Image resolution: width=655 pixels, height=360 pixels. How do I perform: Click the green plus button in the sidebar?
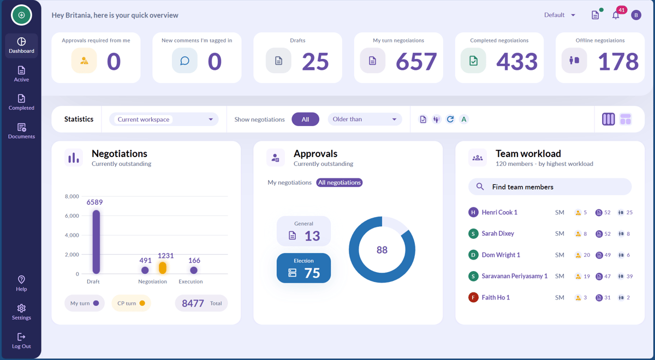point(21,15)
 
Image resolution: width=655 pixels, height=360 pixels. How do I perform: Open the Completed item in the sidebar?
point(21,103)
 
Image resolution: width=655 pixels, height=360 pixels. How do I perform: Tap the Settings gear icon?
point(21,308)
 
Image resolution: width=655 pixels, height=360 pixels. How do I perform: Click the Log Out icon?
point(21,337)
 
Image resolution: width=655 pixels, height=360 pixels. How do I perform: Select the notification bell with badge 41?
point(616,15)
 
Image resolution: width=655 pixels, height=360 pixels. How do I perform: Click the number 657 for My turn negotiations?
point(416,61)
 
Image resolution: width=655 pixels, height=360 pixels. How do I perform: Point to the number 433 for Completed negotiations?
point(517,61)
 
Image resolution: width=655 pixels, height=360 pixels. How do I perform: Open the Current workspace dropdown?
point(164,119)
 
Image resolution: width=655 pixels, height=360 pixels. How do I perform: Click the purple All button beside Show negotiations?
point(305,119)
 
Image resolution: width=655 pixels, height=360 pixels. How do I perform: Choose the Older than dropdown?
point(365,119)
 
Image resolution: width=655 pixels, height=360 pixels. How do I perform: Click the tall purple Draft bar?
point(96,242)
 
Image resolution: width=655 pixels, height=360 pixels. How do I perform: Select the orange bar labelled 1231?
point(163,268)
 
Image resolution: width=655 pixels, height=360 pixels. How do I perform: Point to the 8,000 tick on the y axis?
point(72,196)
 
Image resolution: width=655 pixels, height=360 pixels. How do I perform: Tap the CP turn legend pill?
point(131,303)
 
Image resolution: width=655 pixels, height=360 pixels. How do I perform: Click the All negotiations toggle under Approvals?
point(339,183)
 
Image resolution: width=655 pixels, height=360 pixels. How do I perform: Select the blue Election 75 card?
point(303,268)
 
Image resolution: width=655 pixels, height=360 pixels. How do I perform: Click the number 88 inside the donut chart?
point(382,250)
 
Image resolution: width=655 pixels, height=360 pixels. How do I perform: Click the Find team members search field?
point(550,187)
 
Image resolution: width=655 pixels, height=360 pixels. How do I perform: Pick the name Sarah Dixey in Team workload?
point(498,233)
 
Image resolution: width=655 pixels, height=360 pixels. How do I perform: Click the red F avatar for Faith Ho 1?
point(473,297)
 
